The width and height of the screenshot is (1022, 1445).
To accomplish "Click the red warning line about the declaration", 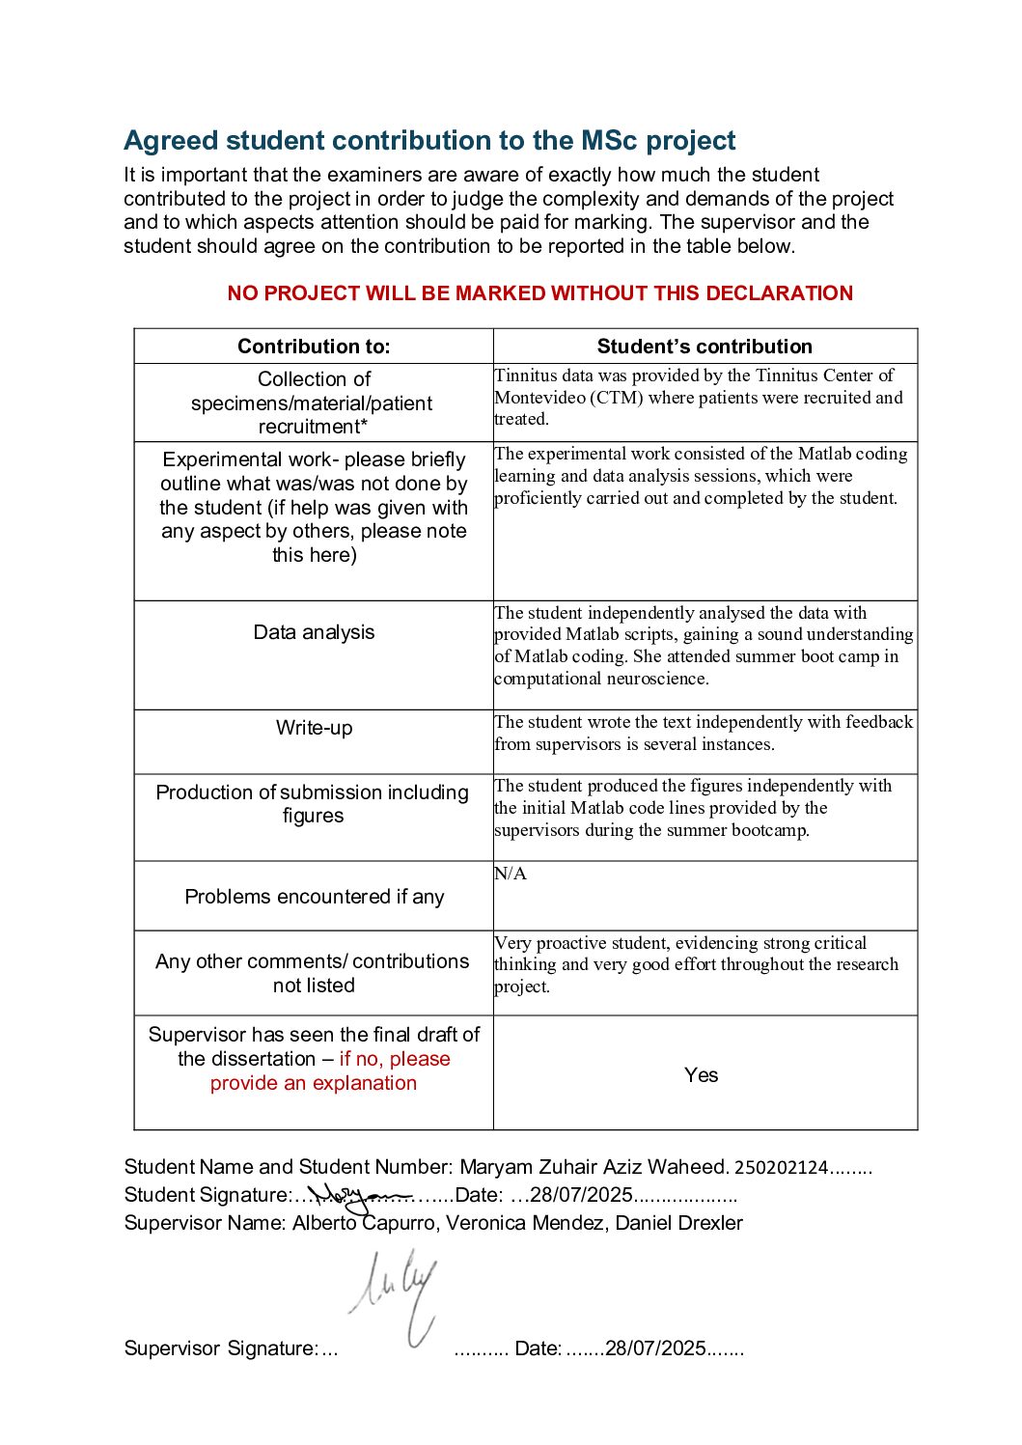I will pyautogui.click(x=539, y=293).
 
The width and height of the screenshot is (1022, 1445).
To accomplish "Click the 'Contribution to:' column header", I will pyautogui.click(x=314, y=347).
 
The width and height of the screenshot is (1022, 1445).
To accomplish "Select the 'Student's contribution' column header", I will pyautogui.click(x=704, y=347).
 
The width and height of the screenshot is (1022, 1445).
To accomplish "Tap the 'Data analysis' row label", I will pyautogui.click(x=314, y=632).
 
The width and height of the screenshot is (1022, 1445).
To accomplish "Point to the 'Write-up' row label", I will pyautogui.click(x=314, y=728).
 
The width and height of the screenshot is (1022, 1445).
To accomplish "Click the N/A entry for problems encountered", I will pyautogui.click(x=511, y=874).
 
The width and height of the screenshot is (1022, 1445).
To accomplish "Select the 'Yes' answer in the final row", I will pyautogui.click(x=702, y=1075).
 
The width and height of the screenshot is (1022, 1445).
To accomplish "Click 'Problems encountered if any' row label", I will pyautogui.click(x=314, y=897).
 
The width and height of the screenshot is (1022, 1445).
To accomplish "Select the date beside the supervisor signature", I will pyautogui.click(x=655, y=1348).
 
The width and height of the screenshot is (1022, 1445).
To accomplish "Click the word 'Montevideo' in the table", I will pyautogui.click(x=537, y=398).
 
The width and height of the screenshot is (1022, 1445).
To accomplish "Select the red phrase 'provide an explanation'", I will pyautogui.click(x=314, y=1083).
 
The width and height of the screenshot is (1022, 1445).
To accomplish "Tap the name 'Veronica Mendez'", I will pyautogui.click(x=524, y=1223).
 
